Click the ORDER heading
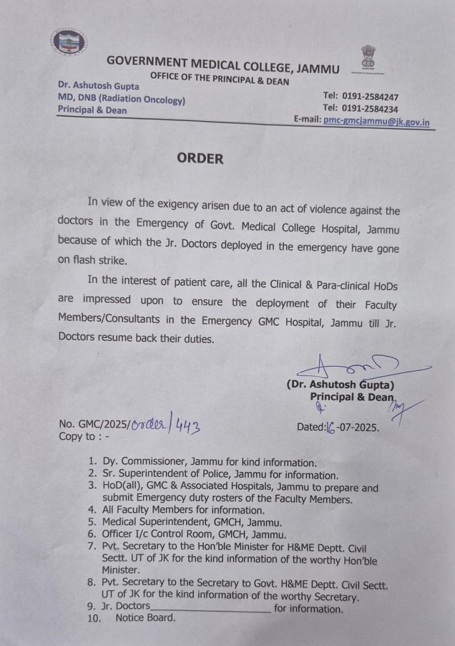tap(200, 158)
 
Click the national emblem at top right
tap(367, 59)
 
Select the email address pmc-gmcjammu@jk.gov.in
tap(376, 122)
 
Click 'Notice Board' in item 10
tap(145, 618)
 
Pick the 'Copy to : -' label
tap(83, 437)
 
